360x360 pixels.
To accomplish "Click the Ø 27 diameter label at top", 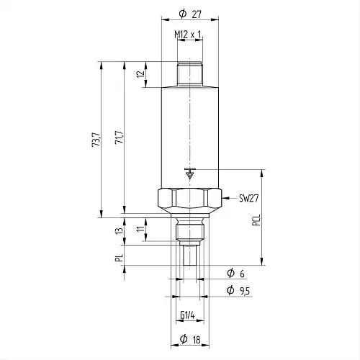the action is click(x=190, y=14).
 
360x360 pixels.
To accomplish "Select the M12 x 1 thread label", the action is click(x=187, y=35).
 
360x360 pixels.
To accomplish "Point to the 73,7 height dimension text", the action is click(x=96, y=140).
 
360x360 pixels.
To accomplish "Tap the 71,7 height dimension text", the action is click(x=120, y=138).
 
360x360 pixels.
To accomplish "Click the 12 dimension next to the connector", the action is click(x=141, y=73).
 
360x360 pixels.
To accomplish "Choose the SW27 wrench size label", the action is click(x=249, y=198).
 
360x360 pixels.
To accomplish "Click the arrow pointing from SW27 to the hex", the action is click(x=229, y=198).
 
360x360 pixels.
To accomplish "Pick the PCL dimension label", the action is click(x=256, y=220).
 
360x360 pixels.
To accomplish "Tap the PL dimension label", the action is click(x=119, y=258).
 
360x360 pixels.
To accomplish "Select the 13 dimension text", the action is click(x=119, y=231).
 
